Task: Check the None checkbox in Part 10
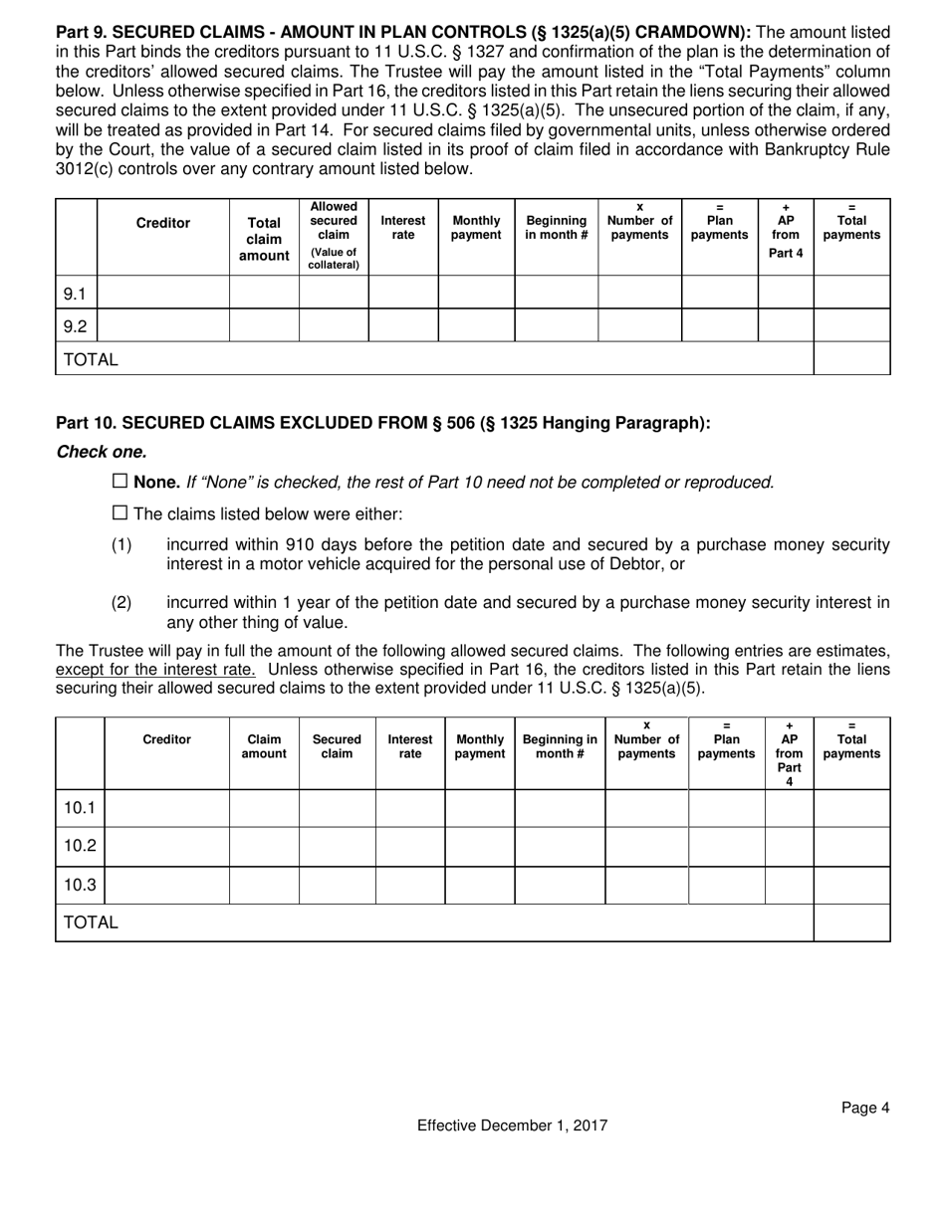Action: (119, 482)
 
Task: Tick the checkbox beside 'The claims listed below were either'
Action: (119, 513)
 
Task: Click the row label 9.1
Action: (76, 294)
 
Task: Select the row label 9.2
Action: (76, 325)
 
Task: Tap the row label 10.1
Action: (80, 808)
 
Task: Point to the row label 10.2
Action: (80, 846)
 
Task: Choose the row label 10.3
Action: (80, 885)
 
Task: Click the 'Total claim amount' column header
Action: (264, 240)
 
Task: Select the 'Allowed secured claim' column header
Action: (334, 236)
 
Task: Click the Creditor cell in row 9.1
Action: (163, 293)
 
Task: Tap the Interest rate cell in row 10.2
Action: (409, 846)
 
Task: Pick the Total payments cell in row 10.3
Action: (851, 885)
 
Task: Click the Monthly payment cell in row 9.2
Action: (476, 325)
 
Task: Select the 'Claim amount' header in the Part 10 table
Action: (264, 746)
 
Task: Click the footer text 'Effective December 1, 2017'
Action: (512, 1125)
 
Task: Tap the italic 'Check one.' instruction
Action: (102, 452)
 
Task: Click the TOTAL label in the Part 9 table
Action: (91, 359)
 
